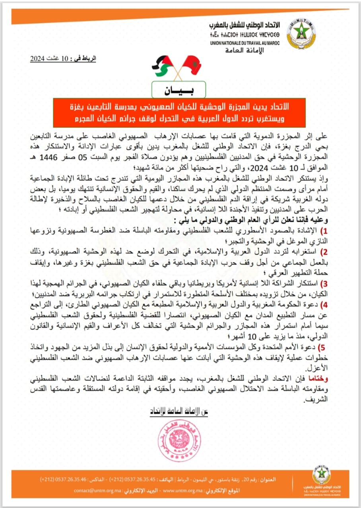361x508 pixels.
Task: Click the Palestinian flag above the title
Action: [163, 66]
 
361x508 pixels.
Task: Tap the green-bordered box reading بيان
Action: [179, 90]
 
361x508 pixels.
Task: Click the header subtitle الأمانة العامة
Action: [245, 50]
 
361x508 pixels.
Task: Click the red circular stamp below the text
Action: [180, 435]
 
